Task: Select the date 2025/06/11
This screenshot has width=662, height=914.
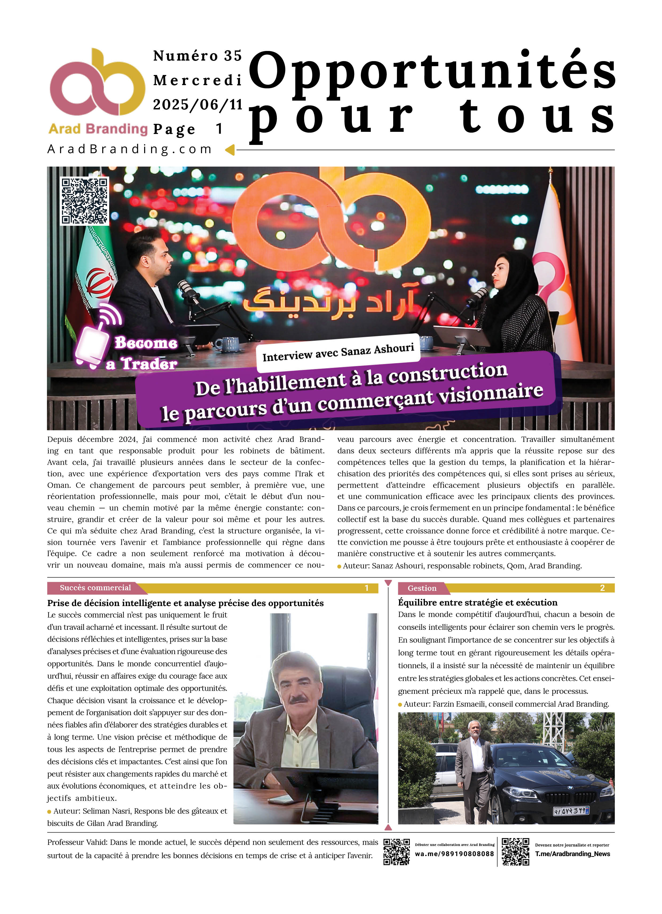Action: coord(197,105)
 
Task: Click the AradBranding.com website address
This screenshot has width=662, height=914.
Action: coord(130,149)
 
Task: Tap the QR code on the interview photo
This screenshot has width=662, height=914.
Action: coord(84,201)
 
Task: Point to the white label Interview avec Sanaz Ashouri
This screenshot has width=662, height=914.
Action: coord(338,352)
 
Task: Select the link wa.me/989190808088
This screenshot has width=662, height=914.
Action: coord(454,854)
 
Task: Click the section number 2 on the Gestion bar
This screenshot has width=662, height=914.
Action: coord(602,588)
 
